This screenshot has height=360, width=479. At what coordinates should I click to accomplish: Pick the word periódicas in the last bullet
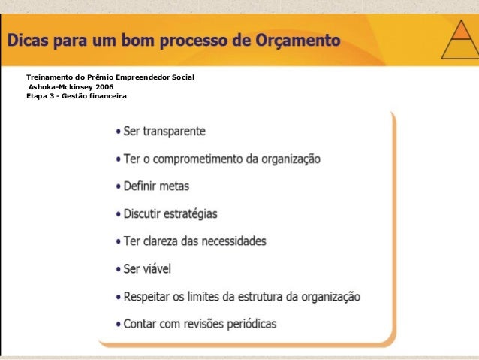pyautogui.click(x=251, y=325)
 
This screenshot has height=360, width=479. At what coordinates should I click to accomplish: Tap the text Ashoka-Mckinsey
pyautogui.click(x=56, y=87)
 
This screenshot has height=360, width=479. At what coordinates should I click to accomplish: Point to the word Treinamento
pyautogui.click(x=50, y=77)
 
